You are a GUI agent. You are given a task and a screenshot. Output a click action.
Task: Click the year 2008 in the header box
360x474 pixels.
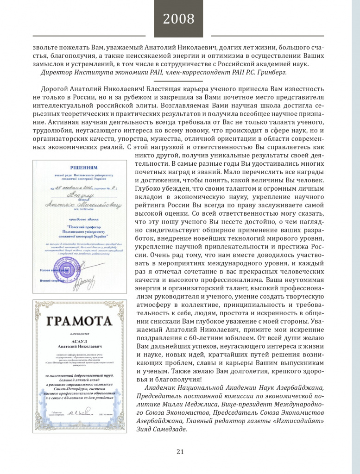coord(178,19)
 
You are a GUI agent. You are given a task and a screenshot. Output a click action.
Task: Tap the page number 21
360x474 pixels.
coord(180,452)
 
